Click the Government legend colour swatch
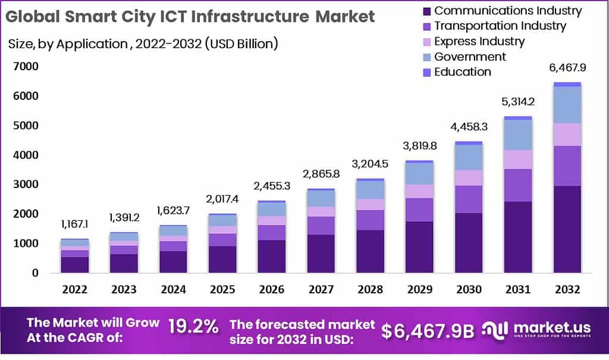click(426, 57)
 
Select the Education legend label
click(463, 72)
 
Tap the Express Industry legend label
click(479, 42)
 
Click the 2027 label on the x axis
click(321, 289)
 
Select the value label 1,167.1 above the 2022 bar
click(75, 224)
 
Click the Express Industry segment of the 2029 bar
click(419, 191)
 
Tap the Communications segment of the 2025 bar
click(222, 259)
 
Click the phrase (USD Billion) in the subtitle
click(241, 43)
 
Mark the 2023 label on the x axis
click(124, 289)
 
